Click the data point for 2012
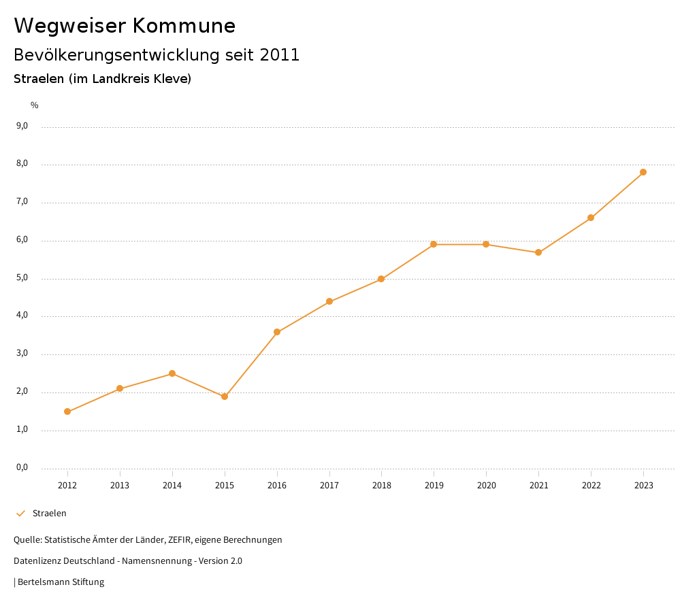tap(67, 412)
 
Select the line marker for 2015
tap(225, 397)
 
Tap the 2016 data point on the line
tap(277, 332)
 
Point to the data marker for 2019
tap(434, 244)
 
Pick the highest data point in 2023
tap(643, 172)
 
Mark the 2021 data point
tap(538, 252)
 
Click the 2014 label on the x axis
tap(172, 485)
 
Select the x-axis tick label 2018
tap(381, 485)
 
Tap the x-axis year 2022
tap(591, 485)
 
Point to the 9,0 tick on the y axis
tap(22, 126)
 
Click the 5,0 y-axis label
tap(22, 278)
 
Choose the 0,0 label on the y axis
tap(22, 467)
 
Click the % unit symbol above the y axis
tap(35, 105)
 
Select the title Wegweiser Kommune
tap(125, 26)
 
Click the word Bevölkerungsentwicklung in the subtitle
tap(117, 55)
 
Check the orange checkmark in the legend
tap(20, 514)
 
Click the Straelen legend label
tap(50, 514)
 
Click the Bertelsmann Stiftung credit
tap(61, 582)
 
